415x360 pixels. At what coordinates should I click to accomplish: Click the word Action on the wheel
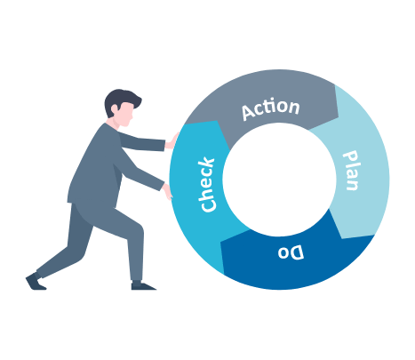coord(271,109)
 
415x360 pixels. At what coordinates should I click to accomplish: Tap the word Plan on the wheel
coord(351,171)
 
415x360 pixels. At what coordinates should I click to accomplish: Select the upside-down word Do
coord(291,252)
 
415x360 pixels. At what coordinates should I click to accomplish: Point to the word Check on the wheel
coord(207,185)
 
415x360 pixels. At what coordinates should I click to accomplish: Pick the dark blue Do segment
coord(296,260)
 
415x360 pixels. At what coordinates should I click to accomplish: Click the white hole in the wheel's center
coord(279,180)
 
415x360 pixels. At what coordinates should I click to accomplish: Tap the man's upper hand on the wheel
coord(172,141)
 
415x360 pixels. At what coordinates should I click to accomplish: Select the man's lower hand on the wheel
coord(168,192)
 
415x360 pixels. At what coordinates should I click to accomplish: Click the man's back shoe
coord(35,282)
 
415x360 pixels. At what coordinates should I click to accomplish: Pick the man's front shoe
coord(142,285)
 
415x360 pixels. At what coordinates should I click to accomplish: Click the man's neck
coord(114,123)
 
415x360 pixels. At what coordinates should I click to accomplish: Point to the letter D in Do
coord(297,252)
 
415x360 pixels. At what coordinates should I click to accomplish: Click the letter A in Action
coord(249,112)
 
